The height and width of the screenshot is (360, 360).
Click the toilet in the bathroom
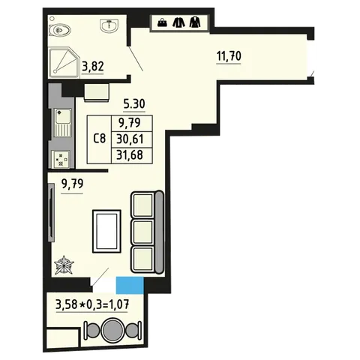pyautogui.click(x=60, y=30)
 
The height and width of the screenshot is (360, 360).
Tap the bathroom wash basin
pyautogui.click(x=109, y=25)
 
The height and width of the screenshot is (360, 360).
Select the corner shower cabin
pyautogui.click(x=64, y=62)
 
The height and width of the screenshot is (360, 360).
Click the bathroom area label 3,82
pyautogui.click(x=93, y=67)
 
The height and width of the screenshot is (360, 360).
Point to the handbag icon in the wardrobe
pyautogui.click(x=162, y=23)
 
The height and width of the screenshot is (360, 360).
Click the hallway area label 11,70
pyautogui.click(x=229, y=55)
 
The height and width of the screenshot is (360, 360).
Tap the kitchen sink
pyautogui.click(x=62, y=122)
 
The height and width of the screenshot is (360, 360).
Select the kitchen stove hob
pyautogui.click(x=61, y=160)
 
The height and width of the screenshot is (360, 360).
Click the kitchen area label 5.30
pyautogui.click(x=134, y=103)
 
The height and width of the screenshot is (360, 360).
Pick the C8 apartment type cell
pyautogui.click(x=99, y=139)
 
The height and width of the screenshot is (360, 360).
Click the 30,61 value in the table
pyautogui.click(x=130, y=139)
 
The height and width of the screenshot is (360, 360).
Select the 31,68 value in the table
pyautogui.click(x=130, y=155)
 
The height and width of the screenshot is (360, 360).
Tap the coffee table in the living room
pyautogui.click(x=106, y=231)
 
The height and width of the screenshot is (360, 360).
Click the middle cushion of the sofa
pyautogui.click(x=142, y=232)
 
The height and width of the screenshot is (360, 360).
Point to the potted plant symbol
pyautogui.click(x=64, y=265)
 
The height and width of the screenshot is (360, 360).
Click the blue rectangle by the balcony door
pyautogui.click(x=130, y=285)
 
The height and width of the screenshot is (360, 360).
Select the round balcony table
pyautogui.click(x=112, y=328)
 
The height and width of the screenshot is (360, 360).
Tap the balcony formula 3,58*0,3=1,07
pyautogui.click(x=92, y=305)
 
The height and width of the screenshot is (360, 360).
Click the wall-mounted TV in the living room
pyautogui.click(x=51, y=212)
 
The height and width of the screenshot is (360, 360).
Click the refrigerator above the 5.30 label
pyautogui.click(x=97, y=92)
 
